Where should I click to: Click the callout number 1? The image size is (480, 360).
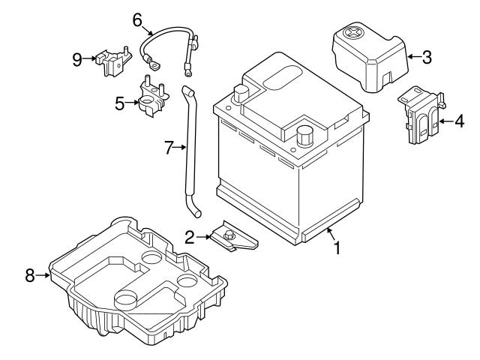click(337, 247)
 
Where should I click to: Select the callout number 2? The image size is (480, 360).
click(190, 238)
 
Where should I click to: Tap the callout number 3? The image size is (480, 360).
click(427, 55)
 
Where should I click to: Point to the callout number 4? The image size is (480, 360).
click(458, 121)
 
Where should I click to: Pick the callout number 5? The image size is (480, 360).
click(120, 103)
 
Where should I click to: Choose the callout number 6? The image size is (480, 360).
click(138, 19)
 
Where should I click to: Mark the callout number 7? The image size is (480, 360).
click(169, 148)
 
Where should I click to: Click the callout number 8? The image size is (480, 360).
click(30, 276)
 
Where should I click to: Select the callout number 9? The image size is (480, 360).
click(77, 58)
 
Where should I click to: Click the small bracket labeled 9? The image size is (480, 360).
click(111, 60)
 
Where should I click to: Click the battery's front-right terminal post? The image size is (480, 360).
click(304, 136)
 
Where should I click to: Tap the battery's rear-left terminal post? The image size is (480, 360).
click(241, 94)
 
